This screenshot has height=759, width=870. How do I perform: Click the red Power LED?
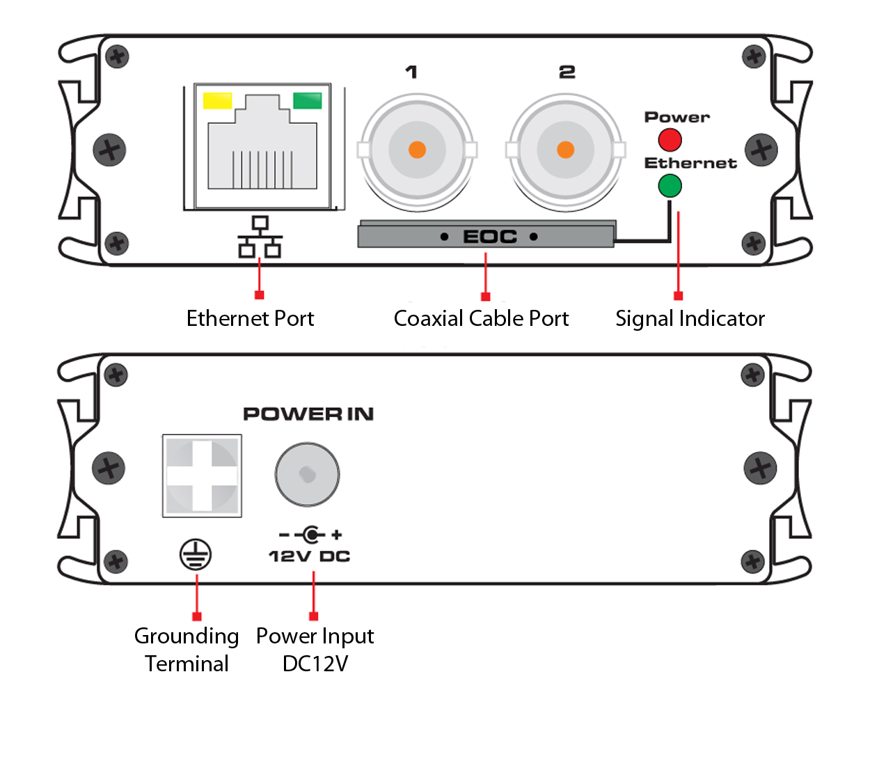670,140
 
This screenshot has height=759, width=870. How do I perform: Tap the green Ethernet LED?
670,186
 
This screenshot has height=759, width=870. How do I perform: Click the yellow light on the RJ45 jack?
216,101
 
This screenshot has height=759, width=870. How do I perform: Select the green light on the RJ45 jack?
307,101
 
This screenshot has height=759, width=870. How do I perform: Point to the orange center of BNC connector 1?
417,150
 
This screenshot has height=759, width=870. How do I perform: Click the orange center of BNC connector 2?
565,150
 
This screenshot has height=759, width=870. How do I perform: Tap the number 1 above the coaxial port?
411,72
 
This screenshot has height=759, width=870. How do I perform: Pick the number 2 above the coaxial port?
567,72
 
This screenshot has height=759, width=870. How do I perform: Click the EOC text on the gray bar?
489,237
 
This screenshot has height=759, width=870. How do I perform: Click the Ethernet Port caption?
250,318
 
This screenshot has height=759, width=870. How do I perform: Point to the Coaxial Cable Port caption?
481,318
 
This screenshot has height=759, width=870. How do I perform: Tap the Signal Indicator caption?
690,318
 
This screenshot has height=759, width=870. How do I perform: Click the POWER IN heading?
308,414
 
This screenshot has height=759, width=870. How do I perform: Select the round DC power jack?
307,475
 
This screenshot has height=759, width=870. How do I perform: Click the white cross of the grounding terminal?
202,476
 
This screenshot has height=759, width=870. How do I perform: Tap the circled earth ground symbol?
196,555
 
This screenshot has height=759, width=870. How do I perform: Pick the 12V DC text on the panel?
309,556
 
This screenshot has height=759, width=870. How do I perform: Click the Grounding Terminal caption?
187,649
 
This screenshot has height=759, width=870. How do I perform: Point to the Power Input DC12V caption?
315,649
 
